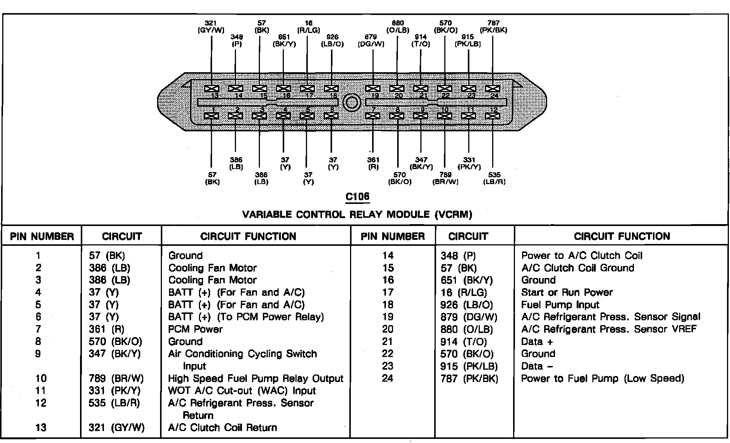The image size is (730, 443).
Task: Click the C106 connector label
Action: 358,197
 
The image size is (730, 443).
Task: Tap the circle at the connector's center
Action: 352,103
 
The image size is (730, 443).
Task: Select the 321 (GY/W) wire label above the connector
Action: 211,27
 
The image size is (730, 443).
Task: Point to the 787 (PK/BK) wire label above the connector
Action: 493,27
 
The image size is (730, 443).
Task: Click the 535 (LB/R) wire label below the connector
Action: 494,178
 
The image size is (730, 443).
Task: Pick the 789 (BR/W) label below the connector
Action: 445,178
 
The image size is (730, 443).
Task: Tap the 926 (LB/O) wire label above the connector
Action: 332,40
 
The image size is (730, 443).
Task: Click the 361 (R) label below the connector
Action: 373,164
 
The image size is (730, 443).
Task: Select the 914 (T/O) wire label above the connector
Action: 421,40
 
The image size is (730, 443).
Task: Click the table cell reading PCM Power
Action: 195,329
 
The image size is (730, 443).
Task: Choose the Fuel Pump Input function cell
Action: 560,305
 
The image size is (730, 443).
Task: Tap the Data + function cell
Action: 537,342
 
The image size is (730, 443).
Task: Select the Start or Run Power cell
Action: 567,292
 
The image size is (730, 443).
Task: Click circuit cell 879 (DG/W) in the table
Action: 469,317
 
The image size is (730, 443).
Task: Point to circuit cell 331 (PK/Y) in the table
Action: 114,391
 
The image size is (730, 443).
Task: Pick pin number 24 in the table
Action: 387,378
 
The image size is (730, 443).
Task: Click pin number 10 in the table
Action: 41,378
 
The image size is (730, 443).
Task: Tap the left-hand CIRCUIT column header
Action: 122,236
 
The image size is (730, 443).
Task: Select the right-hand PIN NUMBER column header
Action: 393,236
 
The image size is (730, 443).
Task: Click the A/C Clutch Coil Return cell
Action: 223,428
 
